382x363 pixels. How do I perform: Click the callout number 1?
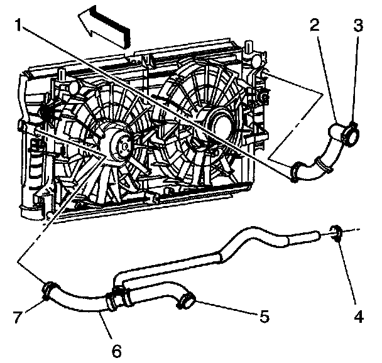pyautogui.click(x=21, y=26)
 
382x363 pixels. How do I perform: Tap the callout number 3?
pyautogui.click(x=357, y=26)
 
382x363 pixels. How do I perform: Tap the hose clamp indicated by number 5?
pyautogui.click(x=187, y=301)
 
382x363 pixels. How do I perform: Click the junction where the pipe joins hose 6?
pyautogui.click(x=116, y=298)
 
